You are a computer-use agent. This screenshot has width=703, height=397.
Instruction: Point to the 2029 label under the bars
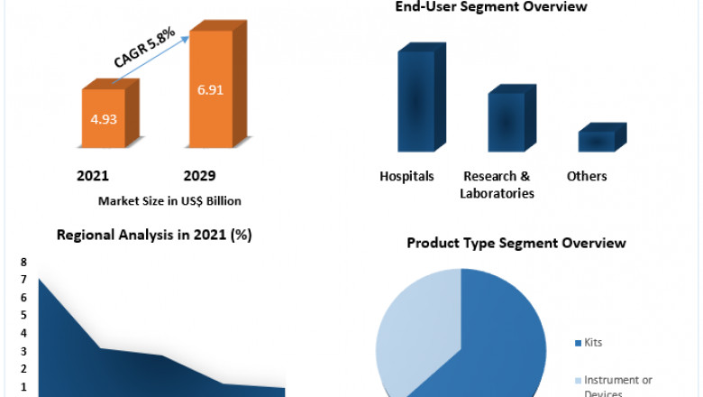(x=199, y=175)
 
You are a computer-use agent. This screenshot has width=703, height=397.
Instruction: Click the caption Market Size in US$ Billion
(x=169, y=200)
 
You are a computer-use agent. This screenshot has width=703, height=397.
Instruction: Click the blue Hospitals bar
(x=416, y=101)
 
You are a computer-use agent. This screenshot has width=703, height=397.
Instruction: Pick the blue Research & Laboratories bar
(x=507, y=122)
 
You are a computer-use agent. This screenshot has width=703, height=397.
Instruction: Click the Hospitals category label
(x=406, y=176)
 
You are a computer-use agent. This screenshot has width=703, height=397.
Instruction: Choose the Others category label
(x=587, y=176)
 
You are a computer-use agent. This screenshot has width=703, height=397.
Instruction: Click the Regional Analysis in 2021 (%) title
(x=154, y=235)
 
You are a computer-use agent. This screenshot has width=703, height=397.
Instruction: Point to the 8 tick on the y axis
(x=23, y=262)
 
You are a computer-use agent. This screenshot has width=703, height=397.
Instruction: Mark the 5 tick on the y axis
(x=23, y=315)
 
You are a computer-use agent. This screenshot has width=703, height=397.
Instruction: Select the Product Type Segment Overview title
(x=516, y=244)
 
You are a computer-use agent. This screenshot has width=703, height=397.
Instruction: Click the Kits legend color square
(x=577, y=344)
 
